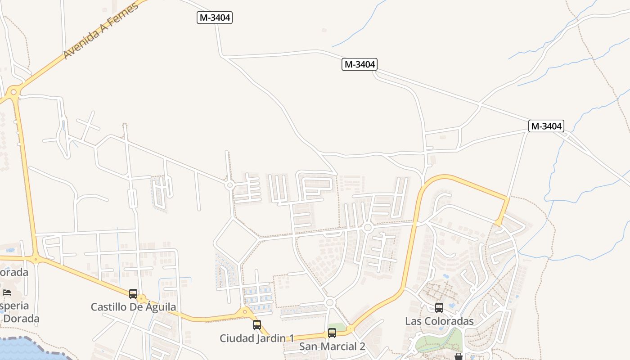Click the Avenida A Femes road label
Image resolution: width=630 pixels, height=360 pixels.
coord(100,31)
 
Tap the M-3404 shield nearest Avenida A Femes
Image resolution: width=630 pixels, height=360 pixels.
coord(215,18)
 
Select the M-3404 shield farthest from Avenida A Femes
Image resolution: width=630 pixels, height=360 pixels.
coord(546,126)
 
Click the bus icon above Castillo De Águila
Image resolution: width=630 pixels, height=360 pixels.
coord(133,294)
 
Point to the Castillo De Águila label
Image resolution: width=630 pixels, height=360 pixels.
coord(133,307)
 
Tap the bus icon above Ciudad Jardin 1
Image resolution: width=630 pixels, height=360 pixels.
coord(257,324)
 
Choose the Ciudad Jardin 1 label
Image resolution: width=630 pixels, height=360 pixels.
coord(256,338)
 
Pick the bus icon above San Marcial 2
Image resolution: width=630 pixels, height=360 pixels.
coord(332,333)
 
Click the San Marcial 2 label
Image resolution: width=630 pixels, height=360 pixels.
coord(332,346)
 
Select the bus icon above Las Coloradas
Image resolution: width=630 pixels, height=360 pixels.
coord(439,308)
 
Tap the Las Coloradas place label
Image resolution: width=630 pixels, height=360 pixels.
coord(439,321)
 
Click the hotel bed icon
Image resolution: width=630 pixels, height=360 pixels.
coord(7,292)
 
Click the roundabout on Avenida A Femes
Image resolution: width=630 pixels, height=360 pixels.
coord(13,92)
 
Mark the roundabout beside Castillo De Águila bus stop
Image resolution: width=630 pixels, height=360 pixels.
coord(142,298)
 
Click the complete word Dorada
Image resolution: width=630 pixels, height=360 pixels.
coord(20,319)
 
